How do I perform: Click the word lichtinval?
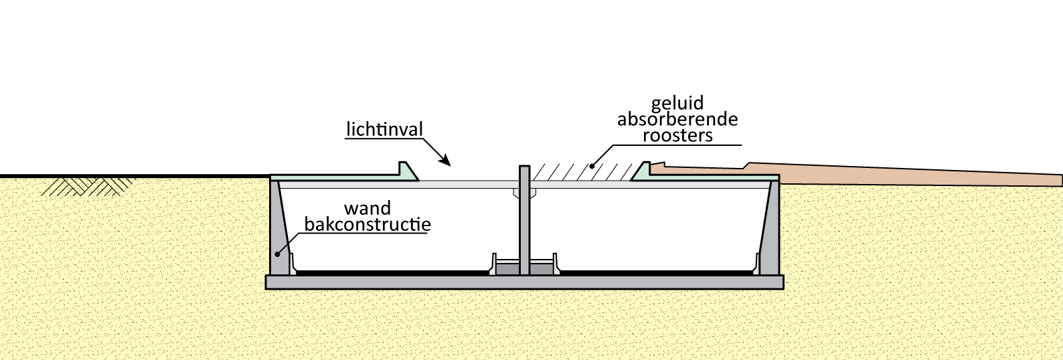tap(384, 128)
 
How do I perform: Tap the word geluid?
tap(677, 103)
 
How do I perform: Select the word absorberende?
tap(677, 119)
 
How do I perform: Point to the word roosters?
tap(677, 135)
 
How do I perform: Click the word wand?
tap(367, 207)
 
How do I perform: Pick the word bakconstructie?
tap(367, 223)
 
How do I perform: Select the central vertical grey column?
tap(524, 221)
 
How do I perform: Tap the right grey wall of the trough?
tap(773, 228)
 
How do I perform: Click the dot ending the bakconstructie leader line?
tap(277, 255)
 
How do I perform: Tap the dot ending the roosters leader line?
tap(591, 165)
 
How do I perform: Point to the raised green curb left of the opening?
tap(405, 169)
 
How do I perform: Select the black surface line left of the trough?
tap(134, 177)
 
